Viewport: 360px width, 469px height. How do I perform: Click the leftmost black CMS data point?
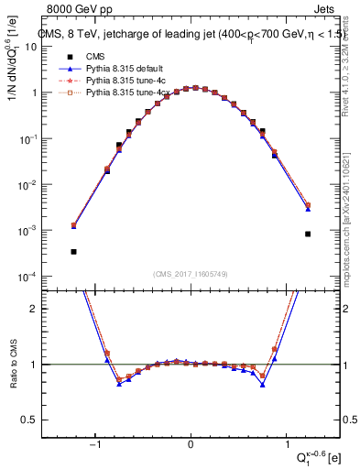tap(73, 251)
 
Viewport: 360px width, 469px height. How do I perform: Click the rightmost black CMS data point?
tap(309, 234)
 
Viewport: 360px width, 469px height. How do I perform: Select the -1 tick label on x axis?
tap(95, 446)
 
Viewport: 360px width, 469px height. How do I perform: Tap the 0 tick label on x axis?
tap(191, 446)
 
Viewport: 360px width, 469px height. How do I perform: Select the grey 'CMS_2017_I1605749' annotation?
tap(191, 274)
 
